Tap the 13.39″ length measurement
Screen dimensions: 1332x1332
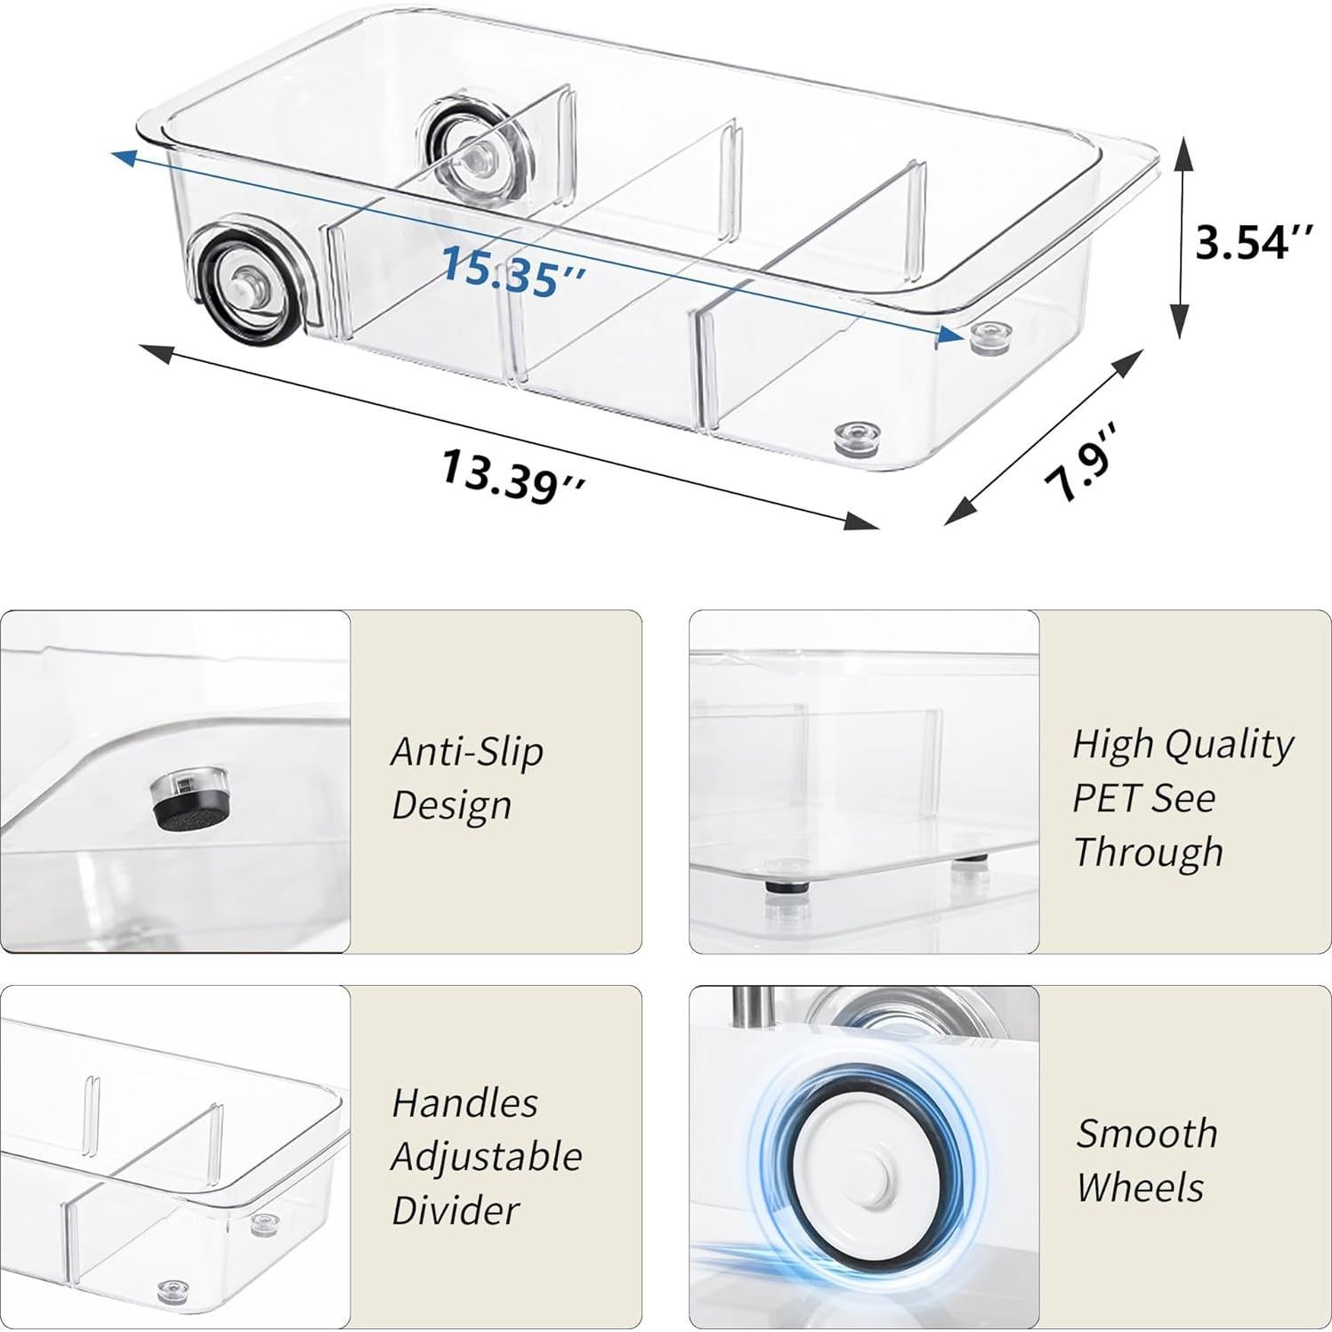coord(513,474)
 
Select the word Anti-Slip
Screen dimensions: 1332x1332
coord(467,752)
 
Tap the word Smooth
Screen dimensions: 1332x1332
coord(1146,1134)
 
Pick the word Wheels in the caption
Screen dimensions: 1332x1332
coord(1139,1188)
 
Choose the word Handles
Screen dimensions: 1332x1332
coord(464,1103)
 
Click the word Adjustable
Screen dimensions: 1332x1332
coord(486,1157)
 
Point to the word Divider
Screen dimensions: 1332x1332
coord(456,1211)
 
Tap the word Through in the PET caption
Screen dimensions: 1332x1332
coord(1148,852)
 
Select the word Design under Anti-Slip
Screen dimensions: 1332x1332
coord(451,805)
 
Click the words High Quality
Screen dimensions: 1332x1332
coord(1183,744)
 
